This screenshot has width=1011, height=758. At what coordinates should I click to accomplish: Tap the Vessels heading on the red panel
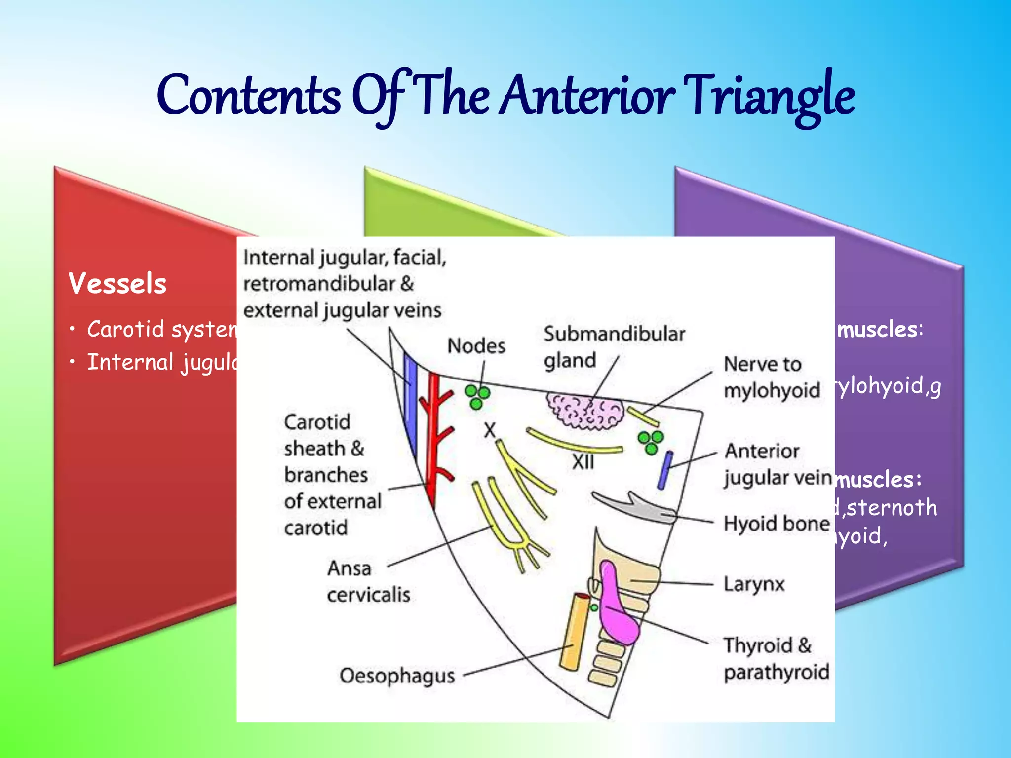coord(117,284)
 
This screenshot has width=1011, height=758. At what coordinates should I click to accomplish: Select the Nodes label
coord(476,346)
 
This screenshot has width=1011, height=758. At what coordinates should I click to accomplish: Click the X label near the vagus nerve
coord(489,430)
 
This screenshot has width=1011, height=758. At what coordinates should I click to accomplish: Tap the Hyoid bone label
coord(776,524)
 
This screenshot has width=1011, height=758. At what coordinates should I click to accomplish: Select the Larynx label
coord(754,584)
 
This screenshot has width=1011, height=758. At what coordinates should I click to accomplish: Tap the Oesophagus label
coord(397,676)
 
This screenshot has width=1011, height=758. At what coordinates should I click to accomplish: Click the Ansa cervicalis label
coord(368,581)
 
